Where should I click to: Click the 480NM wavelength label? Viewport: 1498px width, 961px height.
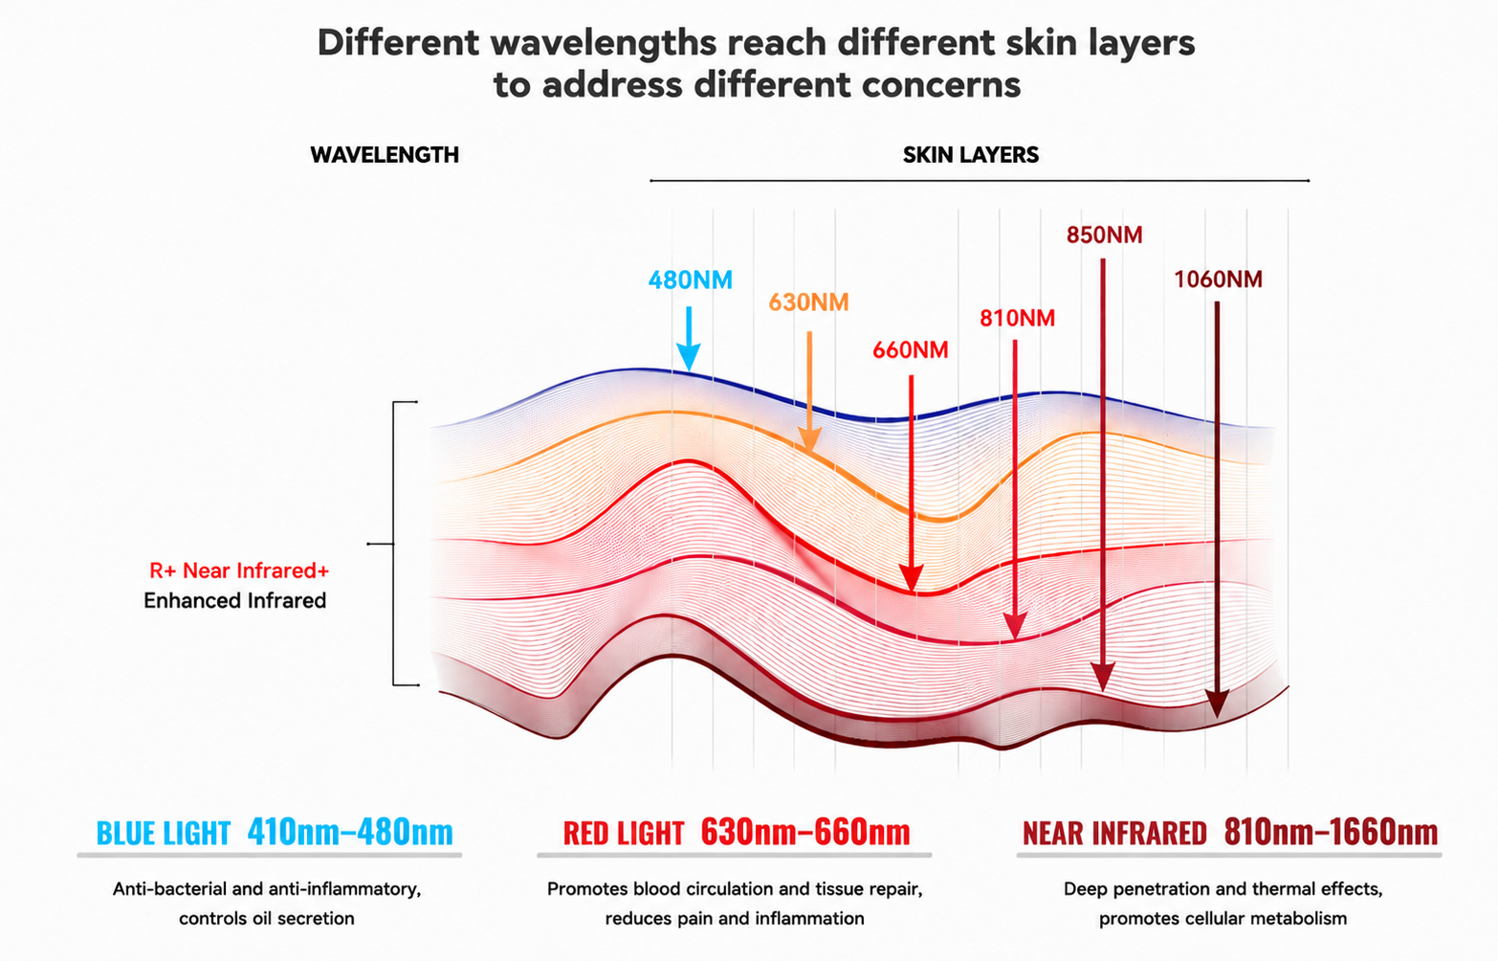tap(690, 279)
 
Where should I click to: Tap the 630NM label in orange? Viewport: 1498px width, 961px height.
tap(808, 302)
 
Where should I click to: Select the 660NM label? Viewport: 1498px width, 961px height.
tap(910, 350)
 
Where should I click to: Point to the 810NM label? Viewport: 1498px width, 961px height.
tap(1017, 318)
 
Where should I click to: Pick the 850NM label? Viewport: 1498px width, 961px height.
tap(1104, 235)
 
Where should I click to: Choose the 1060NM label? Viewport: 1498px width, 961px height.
tap(1219, 279)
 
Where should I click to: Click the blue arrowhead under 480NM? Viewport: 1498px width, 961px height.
tap(688, 357)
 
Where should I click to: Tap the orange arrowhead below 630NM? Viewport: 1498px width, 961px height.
tap(809, 439)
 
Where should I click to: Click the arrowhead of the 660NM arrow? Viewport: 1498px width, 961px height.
tap(911, 578)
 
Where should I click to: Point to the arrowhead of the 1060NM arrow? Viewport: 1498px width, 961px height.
tap(1217, 704)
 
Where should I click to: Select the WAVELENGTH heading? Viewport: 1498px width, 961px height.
tap(385, 155)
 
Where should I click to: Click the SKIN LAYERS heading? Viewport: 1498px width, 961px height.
tap(971, 155)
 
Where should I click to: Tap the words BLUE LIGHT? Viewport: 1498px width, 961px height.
tap(164, 833)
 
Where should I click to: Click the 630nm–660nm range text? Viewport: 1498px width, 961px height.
tap(805, 832)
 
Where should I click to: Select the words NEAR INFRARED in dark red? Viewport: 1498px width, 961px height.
tap(1114, 833)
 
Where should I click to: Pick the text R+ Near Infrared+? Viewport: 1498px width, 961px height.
tap(239, 570)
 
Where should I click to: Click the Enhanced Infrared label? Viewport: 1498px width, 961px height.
tap(234, 600)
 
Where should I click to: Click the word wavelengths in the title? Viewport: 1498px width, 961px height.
tap(604, 43)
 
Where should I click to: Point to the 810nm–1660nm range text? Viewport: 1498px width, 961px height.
tap(1331, 832)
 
